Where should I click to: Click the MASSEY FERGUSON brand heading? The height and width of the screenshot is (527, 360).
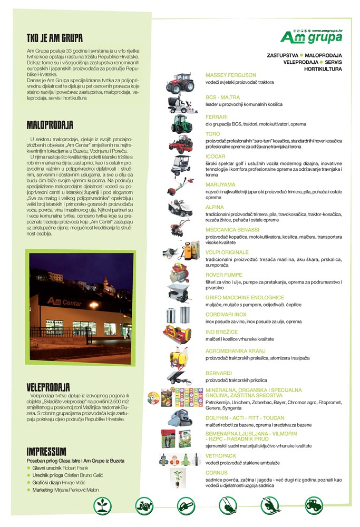tap(231, 75)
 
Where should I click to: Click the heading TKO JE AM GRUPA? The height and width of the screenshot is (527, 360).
tap(55, 38)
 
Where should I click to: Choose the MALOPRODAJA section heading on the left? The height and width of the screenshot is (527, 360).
tap(50, 125)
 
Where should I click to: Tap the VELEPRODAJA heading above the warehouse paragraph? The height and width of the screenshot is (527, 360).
tap(48, 387)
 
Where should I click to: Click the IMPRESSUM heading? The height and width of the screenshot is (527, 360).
tap(46, 451)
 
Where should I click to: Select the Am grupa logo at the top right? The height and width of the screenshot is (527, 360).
tap(311, 37)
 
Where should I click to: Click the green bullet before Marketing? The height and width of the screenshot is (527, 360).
tap(28, 490)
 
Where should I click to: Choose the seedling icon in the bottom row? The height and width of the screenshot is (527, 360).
tap(103, 506)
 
